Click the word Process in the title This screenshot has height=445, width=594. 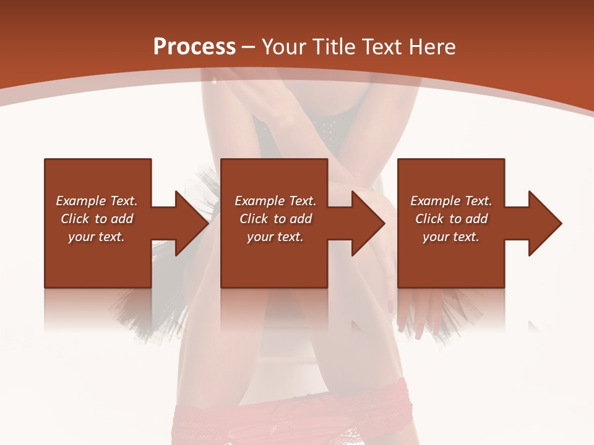pos(194,47)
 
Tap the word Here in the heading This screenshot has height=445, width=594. pos(431,47)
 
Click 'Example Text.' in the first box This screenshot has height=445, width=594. pos(97,201)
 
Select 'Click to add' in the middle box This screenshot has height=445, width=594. pos(275,219)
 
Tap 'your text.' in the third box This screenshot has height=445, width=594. pos(451,237)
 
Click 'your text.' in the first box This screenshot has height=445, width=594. pos(97,237)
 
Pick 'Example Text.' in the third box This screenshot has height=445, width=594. pos(451,201)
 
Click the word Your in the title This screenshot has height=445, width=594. pos(284,47)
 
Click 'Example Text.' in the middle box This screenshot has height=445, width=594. pos(275,201)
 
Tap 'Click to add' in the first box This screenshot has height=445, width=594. pos(97,219)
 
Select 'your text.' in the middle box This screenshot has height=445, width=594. pos(275,237)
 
